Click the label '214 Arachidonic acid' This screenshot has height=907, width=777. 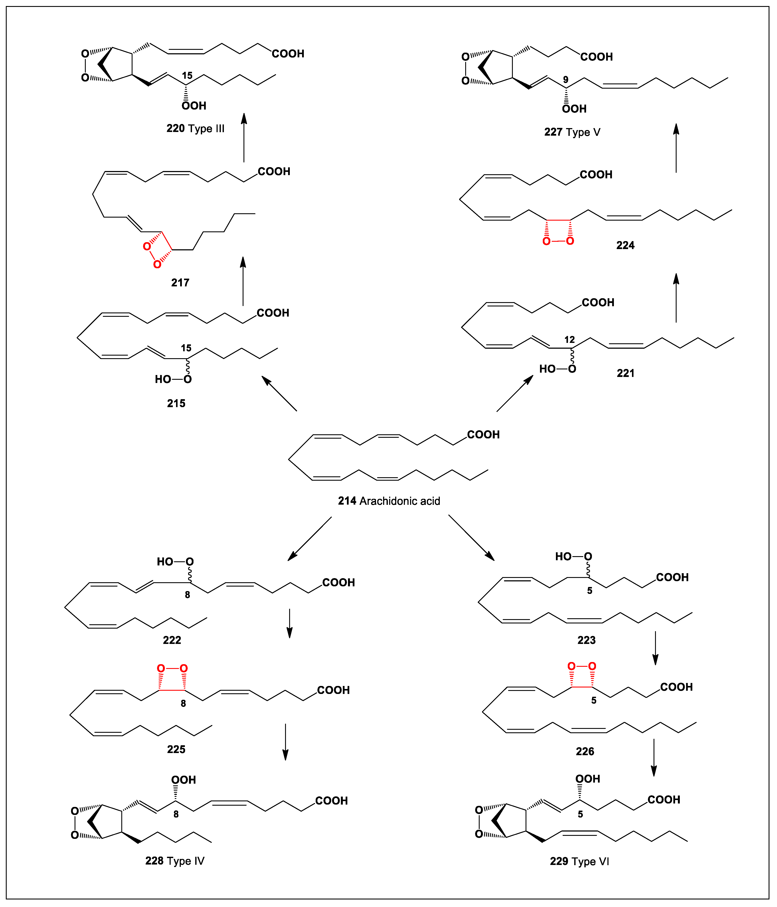389,501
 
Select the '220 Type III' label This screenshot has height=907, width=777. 195,128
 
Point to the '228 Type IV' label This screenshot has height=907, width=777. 175,861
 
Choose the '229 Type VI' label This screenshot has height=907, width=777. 579,861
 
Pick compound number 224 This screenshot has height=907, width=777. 625,245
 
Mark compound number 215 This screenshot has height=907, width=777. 176,403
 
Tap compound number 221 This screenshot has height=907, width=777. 625,373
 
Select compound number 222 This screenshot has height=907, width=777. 172,640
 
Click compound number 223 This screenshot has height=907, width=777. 586,640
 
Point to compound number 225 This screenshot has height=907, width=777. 176,749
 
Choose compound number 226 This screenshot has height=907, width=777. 585,751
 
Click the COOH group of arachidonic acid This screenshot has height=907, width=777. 483,435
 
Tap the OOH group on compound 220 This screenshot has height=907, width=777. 194,105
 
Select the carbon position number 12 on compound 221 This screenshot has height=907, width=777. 569,340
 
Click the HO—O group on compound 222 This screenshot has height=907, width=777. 175,562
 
